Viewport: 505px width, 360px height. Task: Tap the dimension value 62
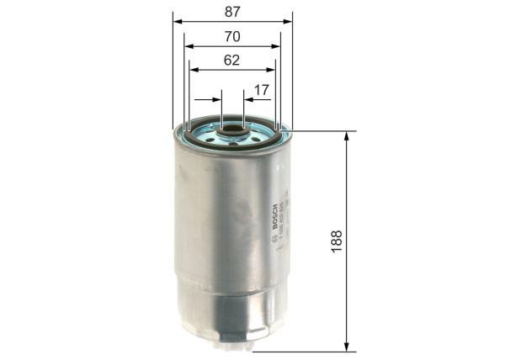point(232,60)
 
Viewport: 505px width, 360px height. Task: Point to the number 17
point(261,89)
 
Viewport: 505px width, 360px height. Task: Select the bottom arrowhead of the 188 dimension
point(347,347)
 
